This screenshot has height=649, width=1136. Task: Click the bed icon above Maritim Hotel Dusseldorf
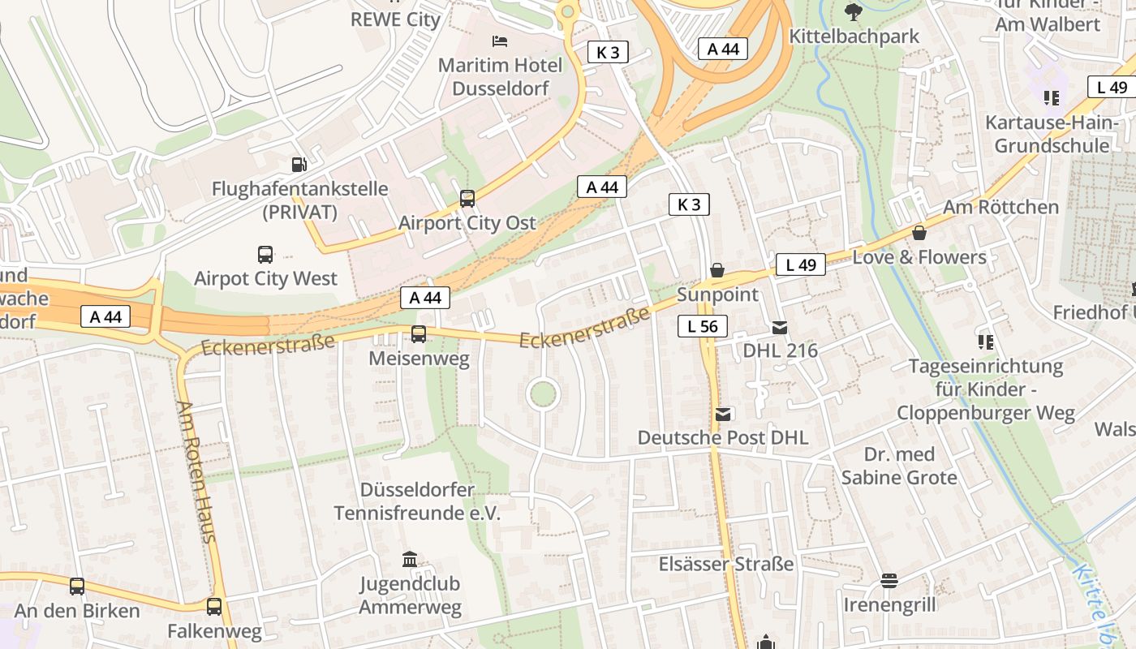click(x=500, y=41)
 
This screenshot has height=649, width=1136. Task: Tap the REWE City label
click(x=395, y=19)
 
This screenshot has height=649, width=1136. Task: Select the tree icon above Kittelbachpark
click(x=853, y=11)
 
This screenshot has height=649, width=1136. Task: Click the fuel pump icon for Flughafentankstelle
click(x=299, y=164)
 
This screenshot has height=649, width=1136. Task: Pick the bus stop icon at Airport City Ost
click(x=467, y=198)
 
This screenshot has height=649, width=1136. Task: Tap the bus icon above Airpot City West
click(x=265, y=254)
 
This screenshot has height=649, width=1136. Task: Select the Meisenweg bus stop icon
click(x=419, y=333)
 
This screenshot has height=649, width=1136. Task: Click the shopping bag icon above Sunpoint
click(x=717, y=269)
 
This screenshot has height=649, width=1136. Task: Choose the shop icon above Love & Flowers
click(x=919, y=233)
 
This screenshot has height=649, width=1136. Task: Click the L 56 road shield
click(x=703, y=327)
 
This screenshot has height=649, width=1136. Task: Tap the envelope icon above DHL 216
click(x=780, y=328)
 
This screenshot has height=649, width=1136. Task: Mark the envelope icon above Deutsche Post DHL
click(x=723, y=415)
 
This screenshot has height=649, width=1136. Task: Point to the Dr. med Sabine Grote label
click(x=899, y=466)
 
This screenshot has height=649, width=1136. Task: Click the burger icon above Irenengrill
click(x=889, y=580)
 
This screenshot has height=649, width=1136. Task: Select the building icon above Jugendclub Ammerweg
click(x=410, y=559)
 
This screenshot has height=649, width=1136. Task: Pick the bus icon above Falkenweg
click(x=214, y=606)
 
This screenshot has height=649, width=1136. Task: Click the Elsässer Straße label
click(x=726, y=564)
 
